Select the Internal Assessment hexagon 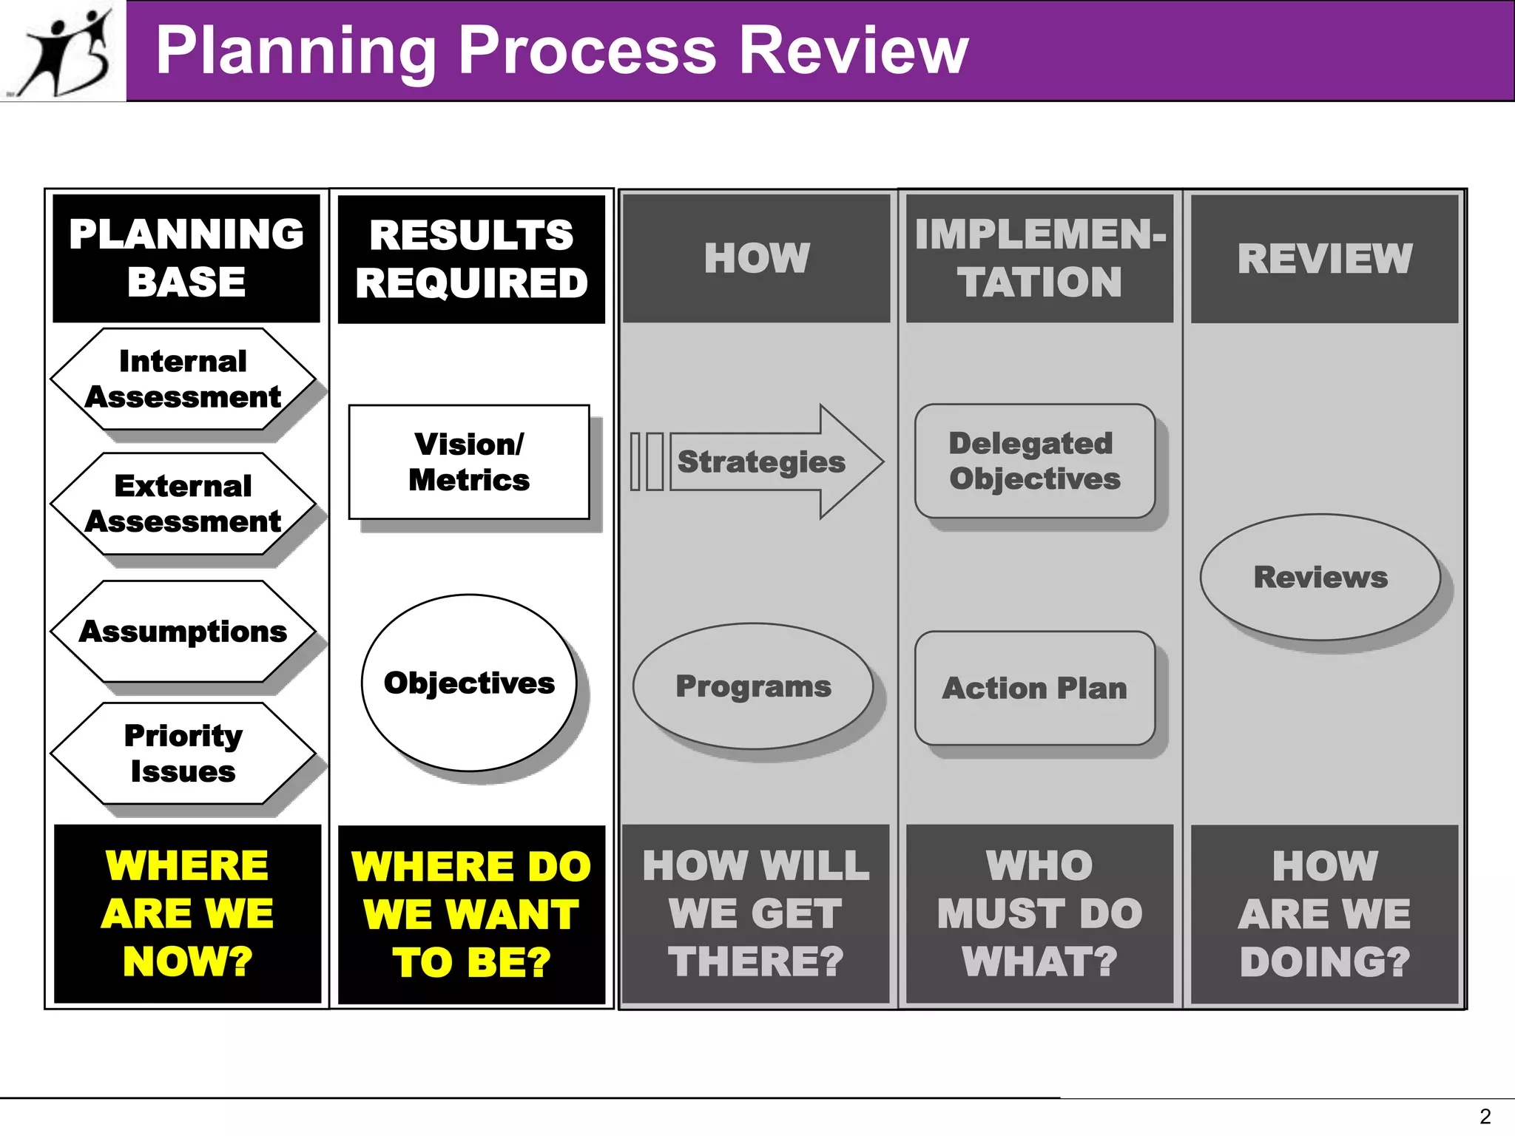(x=183, y=379)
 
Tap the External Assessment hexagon (x=183, y=504)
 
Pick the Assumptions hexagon (x=183, y=632)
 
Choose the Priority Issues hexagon (x=183, y=754)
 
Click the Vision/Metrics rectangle (x=469, y=462)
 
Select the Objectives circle (x=469, y=683)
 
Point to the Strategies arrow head (x=851, y=461)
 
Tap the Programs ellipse (x=753, y=686)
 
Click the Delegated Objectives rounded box (x=1034, y=461)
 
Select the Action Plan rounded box (x=1034, y=688)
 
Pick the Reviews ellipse (x=1320, y=577)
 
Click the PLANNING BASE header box (x=186, y=258)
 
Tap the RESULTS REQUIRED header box (x=471, y=259)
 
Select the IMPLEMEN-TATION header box (x=1039, y=258)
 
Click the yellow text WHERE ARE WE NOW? (x=188, y=913)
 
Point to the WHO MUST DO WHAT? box (x=1039, y=914)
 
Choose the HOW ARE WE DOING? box (x=1324, y=914)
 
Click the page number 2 (x=1485, y=1116)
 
